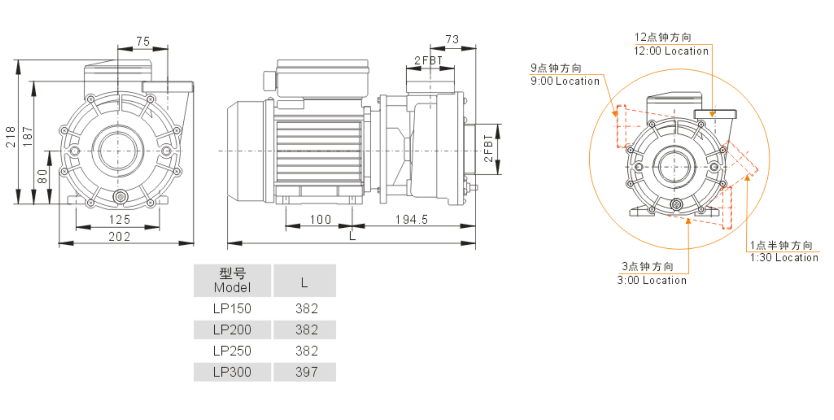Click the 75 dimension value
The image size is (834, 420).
coord(143,41)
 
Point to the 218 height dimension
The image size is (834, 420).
coord(11,137)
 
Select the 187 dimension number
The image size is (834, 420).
coord(28,137)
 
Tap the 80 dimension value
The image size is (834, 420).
coord(43,176)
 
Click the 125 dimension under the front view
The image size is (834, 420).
coord(120,219)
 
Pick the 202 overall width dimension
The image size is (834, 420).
coord(119,236)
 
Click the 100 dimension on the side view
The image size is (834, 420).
coord(320,219)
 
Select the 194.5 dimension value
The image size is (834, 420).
coord(412,219)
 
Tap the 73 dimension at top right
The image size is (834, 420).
coord(452,39)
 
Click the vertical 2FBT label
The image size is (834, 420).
coord(488,148)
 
